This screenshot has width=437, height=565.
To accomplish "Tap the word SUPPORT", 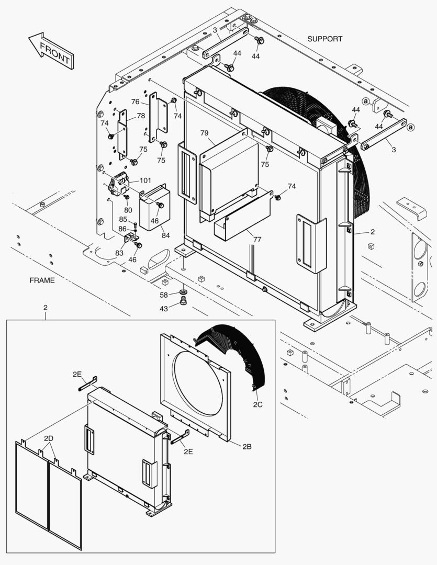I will (x=324, y=39).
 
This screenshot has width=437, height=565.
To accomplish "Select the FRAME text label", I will (x=42, y=280).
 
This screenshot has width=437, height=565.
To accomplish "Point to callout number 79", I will (x=204, y=133).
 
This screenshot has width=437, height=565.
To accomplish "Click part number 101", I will (x=145, y=181).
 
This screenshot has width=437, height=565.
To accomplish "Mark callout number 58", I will (x=164, y=296).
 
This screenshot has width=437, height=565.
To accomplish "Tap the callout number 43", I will (x=164, y=309).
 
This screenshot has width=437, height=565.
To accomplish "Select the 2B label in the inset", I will (x=248, y=446).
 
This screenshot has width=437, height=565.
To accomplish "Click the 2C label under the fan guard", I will (x=258, y=404).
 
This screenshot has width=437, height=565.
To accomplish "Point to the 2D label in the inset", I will (x=49, y=438).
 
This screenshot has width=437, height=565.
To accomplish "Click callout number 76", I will (x=135, y=102).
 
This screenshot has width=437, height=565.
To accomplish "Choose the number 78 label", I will (x=141, y=116).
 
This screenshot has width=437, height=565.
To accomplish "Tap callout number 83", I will (x=119, y=253).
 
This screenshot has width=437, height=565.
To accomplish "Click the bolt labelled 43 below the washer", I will (x=183, y=300).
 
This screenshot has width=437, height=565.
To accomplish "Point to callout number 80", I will (x=128, y=210).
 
